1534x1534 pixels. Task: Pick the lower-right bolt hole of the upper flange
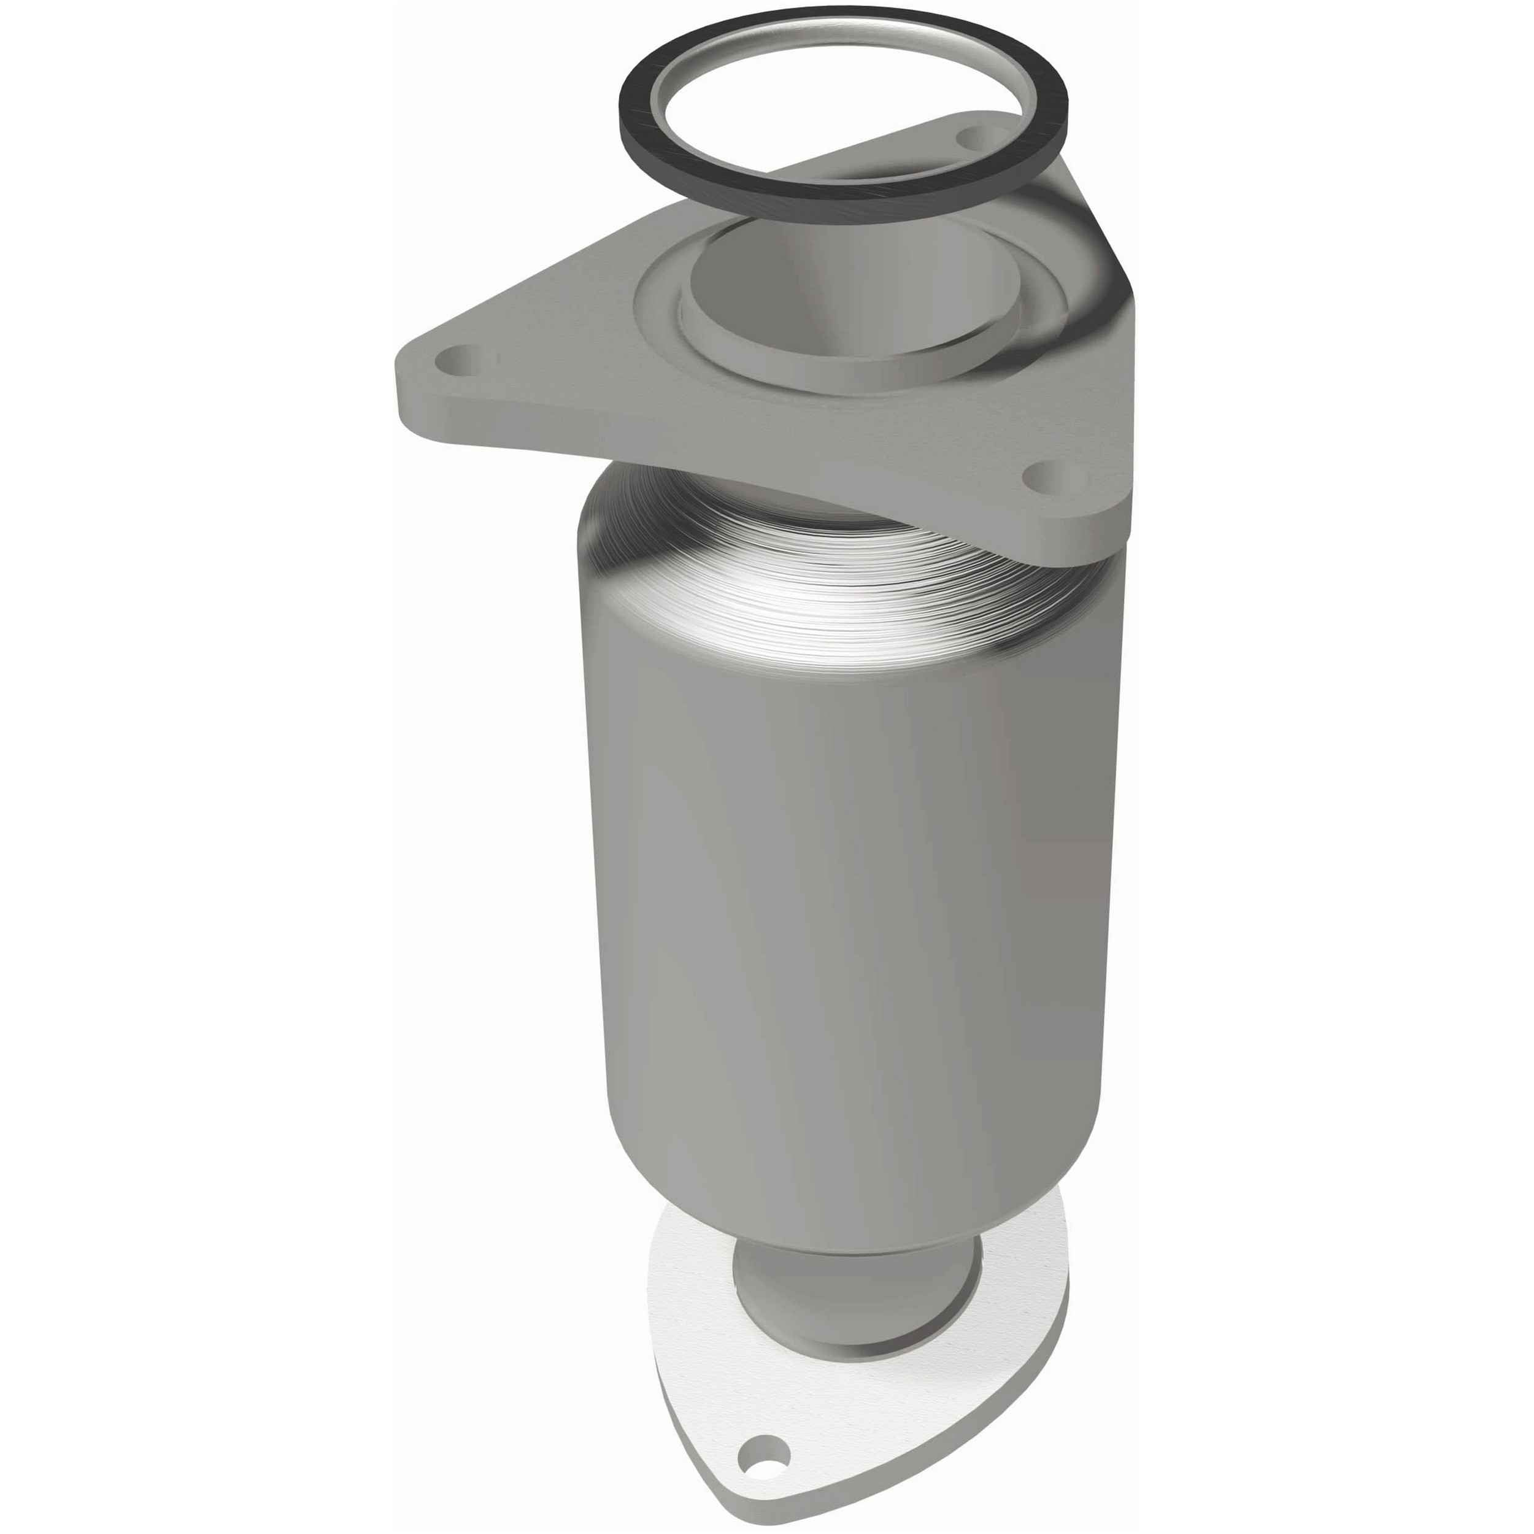(x=1043, y=474)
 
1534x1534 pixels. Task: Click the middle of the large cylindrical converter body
(x=842, y=873)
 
